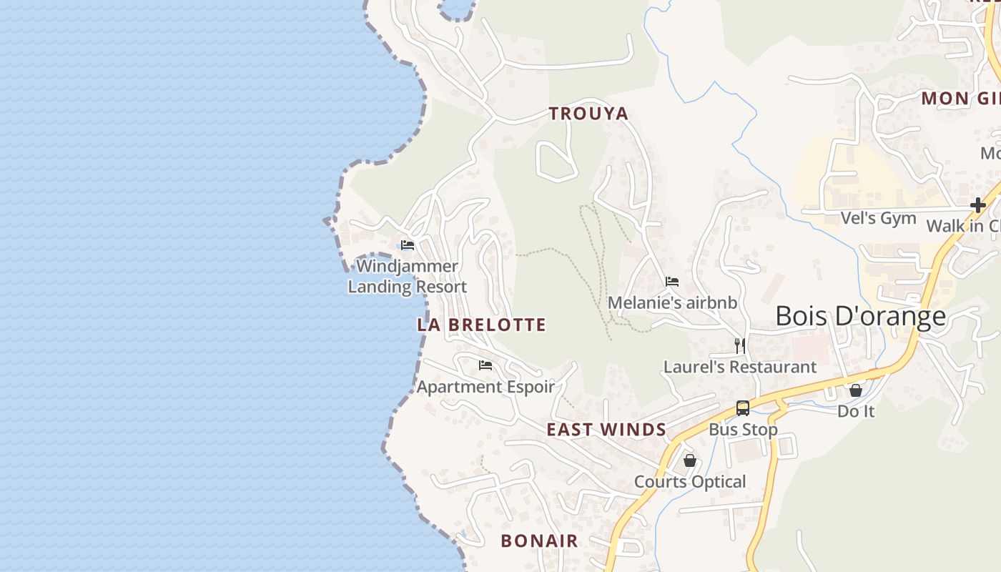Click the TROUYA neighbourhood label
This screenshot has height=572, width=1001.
(588, 113)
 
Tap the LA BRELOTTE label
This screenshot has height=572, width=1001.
(481, 325)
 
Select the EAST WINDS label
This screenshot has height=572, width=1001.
(606, 430)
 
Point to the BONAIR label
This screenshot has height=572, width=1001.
(539, 541)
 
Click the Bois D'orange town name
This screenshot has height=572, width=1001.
(860, 316)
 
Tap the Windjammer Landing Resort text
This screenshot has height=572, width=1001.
(408, 277)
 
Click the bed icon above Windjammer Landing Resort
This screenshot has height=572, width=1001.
(408, 245)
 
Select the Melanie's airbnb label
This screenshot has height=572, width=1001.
(672, 302)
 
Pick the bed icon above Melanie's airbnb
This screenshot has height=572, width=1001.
(672, 282)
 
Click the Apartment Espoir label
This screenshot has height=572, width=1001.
(485, 387)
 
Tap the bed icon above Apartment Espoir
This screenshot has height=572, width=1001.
(485, 365)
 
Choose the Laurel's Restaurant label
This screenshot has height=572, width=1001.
(740, 367)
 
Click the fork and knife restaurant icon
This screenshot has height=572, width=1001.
(740, 346)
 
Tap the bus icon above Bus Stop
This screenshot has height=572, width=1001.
(743, 408)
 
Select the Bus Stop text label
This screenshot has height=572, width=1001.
(743, 430)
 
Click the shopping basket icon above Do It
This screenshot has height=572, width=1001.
(856, 390)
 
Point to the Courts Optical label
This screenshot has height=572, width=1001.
(690, 482)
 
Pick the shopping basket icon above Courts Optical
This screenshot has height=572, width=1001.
(690, 460)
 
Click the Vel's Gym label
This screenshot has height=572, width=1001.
(878, 218)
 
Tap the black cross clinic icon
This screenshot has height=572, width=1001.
(977, 205)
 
